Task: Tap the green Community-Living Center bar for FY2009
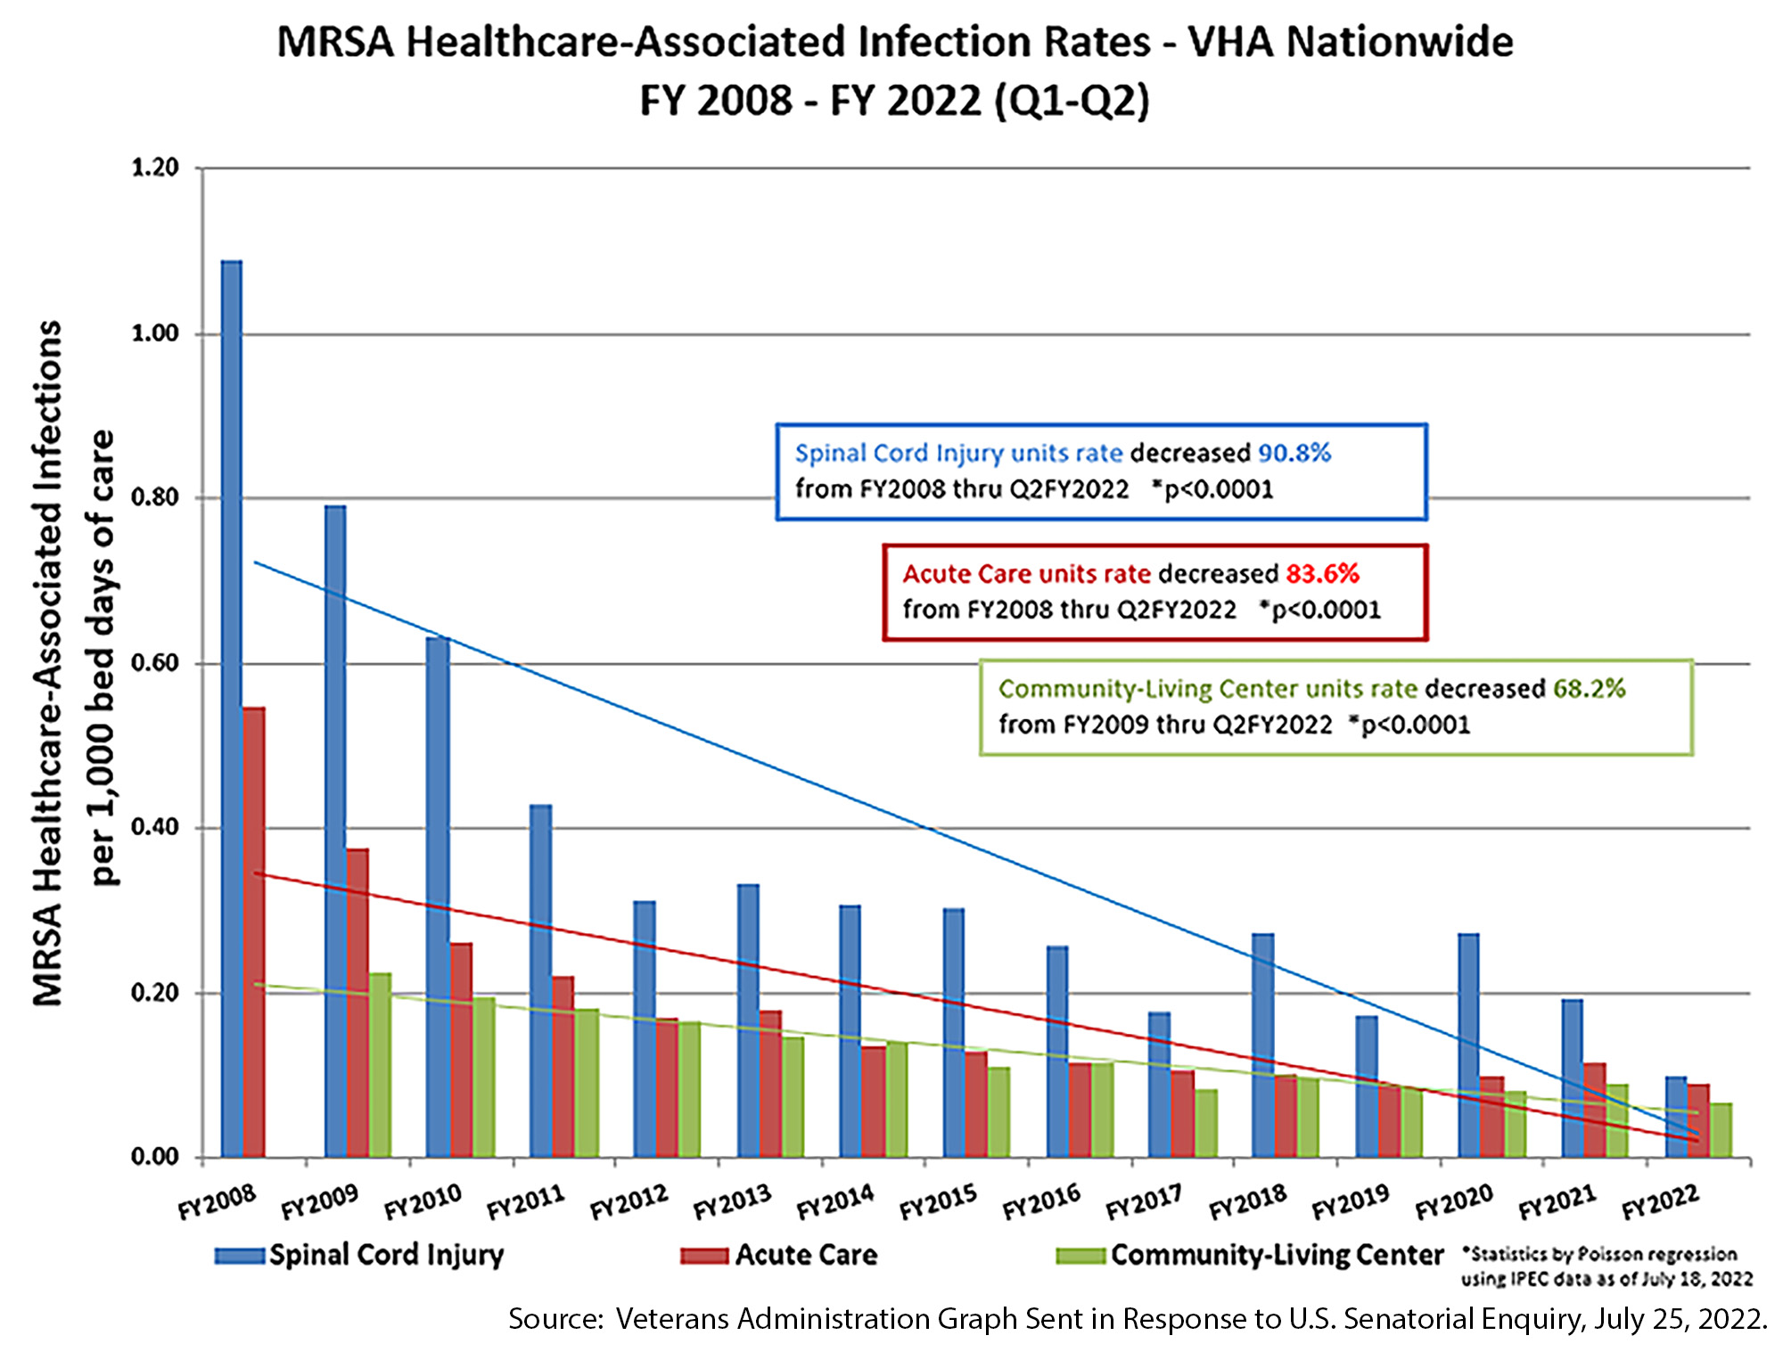pos(381,1065)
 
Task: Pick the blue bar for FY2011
pos(540,980)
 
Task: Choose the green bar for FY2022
pos(1721,1130)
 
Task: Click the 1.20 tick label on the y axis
pos(155,168)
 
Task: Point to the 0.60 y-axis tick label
pos(155,663)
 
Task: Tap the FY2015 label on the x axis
pos(938,1202)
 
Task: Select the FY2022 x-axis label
pos(1660,1202)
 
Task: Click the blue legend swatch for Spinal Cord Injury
pos(239,1256)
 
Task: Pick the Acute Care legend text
pos(806,1255)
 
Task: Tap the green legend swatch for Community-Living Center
pos(1080,1256)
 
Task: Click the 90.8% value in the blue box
pos(1294,453)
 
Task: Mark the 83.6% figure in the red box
pos(1322,573)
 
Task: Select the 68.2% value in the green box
pos(1589,688)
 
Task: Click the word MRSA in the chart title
pos(334,43)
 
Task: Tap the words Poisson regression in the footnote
pos(1657,1254)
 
